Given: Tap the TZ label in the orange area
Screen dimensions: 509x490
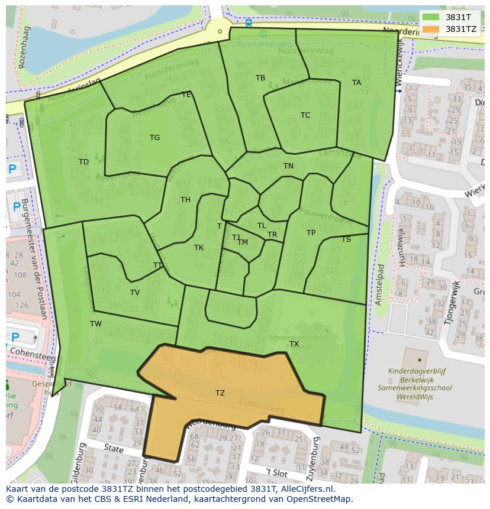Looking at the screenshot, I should tap(220, 393).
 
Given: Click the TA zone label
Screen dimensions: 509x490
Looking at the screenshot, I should tap(356, 83).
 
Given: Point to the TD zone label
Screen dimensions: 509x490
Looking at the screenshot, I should tap(83, 161).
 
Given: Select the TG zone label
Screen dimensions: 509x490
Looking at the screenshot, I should tap(154, 138).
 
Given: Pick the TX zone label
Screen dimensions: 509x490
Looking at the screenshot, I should tap(294, 343).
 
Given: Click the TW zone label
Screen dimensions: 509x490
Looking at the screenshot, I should tap(96, 323).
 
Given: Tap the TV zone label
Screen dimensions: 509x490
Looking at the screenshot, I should tap(135, 292).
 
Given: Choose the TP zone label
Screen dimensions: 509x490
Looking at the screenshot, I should tap(311, 233).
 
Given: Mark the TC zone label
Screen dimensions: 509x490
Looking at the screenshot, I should tap(305, 115).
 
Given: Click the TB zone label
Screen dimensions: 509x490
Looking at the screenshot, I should tap(260, 78).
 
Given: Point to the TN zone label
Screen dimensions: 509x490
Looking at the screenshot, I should tap(288, 166).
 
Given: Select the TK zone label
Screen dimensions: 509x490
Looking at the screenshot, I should tap(199, 248).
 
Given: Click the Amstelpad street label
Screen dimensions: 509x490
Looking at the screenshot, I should tap(381, 284).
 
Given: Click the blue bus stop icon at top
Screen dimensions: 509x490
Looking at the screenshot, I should tap(248, 22).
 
